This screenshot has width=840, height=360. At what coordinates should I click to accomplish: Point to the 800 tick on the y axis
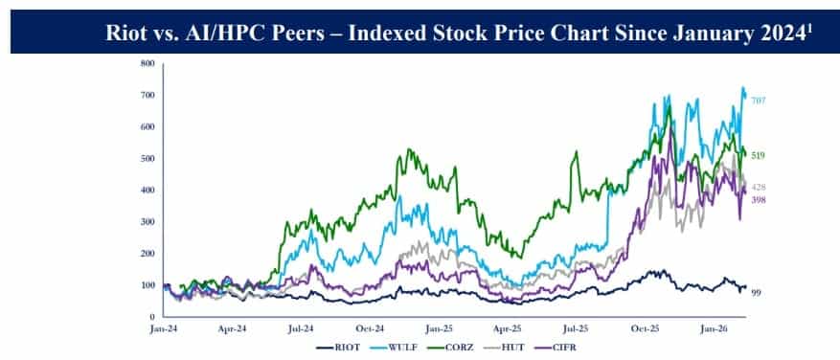click(x=148, y=64)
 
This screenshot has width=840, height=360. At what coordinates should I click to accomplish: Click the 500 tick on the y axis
click(x=148, y=159)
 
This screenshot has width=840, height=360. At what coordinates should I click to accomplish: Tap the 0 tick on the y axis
click(x=151, y=317)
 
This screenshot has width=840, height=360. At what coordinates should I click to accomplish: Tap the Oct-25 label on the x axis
click(x=642, y=327)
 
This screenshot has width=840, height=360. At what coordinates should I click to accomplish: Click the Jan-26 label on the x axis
click(x=710, y=327)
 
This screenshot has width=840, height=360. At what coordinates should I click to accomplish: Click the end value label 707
click(x=759, y=101)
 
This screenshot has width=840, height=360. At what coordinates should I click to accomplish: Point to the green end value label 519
click(x=759, y=155)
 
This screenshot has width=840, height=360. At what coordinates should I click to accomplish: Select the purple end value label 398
click(x=759, y=199)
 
